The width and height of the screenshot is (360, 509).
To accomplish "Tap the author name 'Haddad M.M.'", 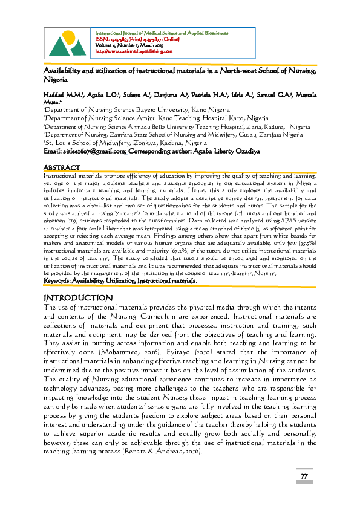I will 64,96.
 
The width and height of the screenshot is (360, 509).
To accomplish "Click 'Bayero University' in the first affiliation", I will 159,110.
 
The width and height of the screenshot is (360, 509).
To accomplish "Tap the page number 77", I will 305,478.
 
